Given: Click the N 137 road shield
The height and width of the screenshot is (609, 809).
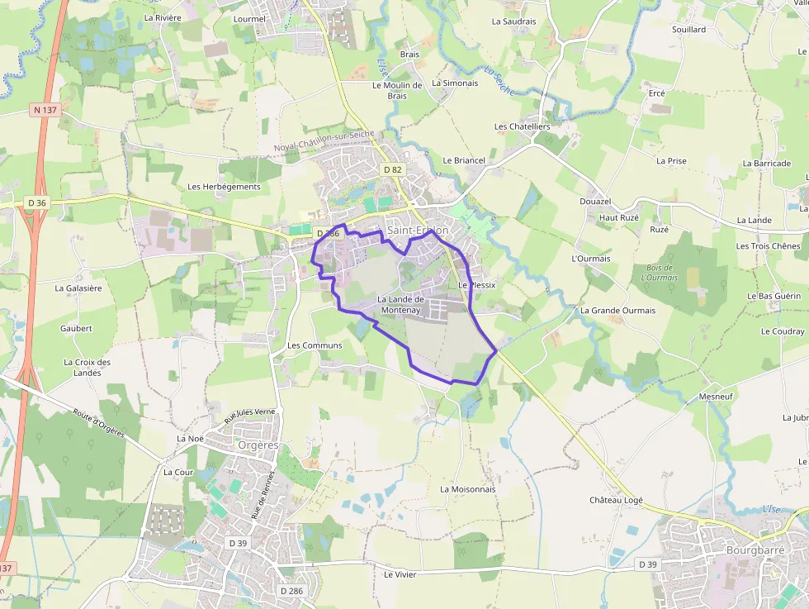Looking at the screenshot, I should [x=45, y=109].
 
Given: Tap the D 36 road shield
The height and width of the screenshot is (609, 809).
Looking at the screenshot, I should [x=37, y=202].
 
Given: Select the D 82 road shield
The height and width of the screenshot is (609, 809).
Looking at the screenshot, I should [x=393, y=169].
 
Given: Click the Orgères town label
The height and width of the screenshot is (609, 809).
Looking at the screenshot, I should [x=258, y=445].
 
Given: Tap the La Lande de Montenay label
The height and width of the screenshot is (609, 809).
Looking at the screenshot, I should [x=400, y=304].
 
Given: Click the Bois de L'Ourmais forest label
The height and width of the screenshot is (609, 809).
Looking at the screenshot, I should [x=659, y=273].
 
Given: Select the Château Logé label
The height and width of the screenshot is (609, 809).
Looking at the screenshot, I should [x=616, y=500].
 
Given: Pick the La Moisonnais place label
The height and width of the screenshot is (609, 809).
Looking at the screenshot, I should [x=468, y=489].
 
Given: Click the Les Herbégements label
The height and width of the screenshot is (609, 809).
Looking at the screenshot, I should [x=225, y=187].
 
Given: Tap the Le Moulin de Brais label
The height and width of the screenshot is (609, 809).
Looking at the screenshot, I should [x=397, y=90].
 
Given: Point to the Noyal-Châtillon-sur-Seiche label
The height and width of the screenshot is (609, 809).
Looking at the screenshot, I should [x=324, y=141].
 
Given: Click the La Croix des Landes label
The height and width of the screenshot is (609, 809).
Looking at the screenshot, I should [x=87, y=367].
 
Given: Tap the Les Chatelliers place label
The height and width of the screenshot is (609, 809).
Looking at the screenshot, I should [x=522, y=126].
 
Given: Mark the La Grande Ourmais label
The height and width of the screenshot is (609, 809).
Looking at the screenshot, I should [x=617, y=311].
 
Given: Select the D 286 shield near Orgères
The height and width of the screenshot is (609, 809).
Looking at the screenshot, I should [x=291, y=591].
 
